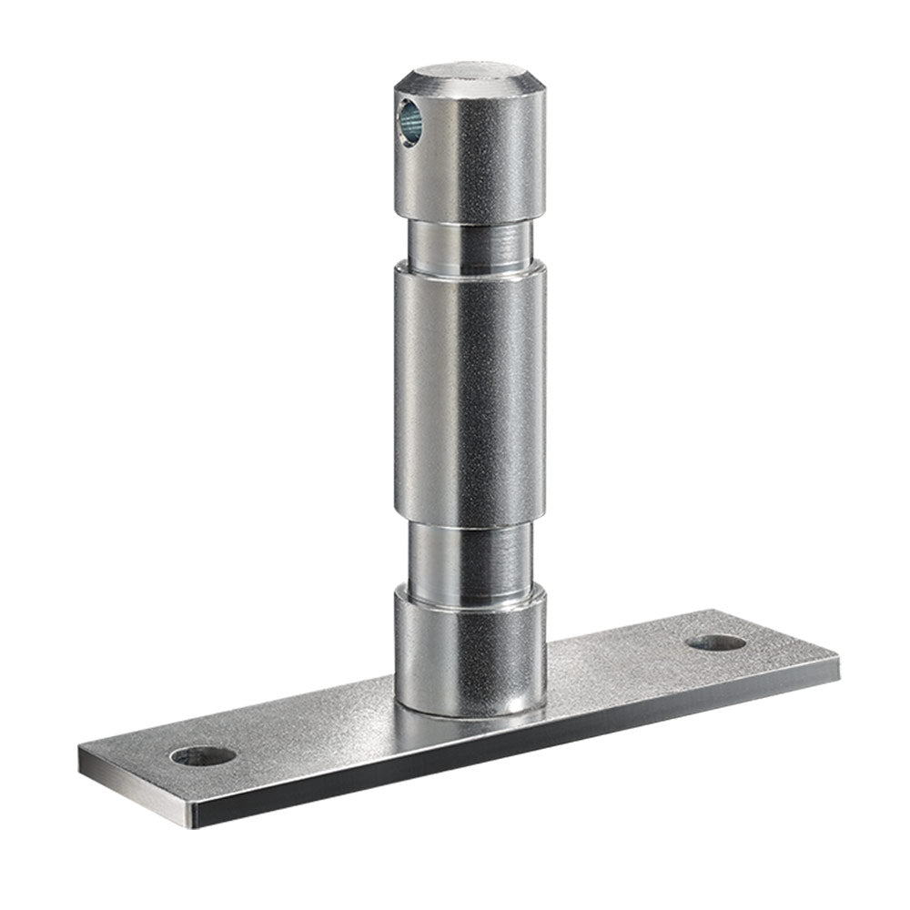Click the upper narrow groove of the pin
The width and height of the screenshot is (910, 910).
tap(469, 241)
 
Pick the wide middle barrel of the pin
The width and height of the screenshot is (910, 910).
tap(469, 391)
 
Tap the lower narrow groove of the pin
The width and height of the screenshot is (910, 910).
tap(469, 555)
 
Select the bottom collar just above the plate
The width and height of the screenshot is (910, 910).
tap(469, 646)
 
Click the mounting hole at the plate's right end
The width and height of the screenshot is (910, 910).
tap(716, 642)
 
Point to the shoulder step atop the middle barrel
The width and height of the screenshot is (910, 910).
tap(469, 266)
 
